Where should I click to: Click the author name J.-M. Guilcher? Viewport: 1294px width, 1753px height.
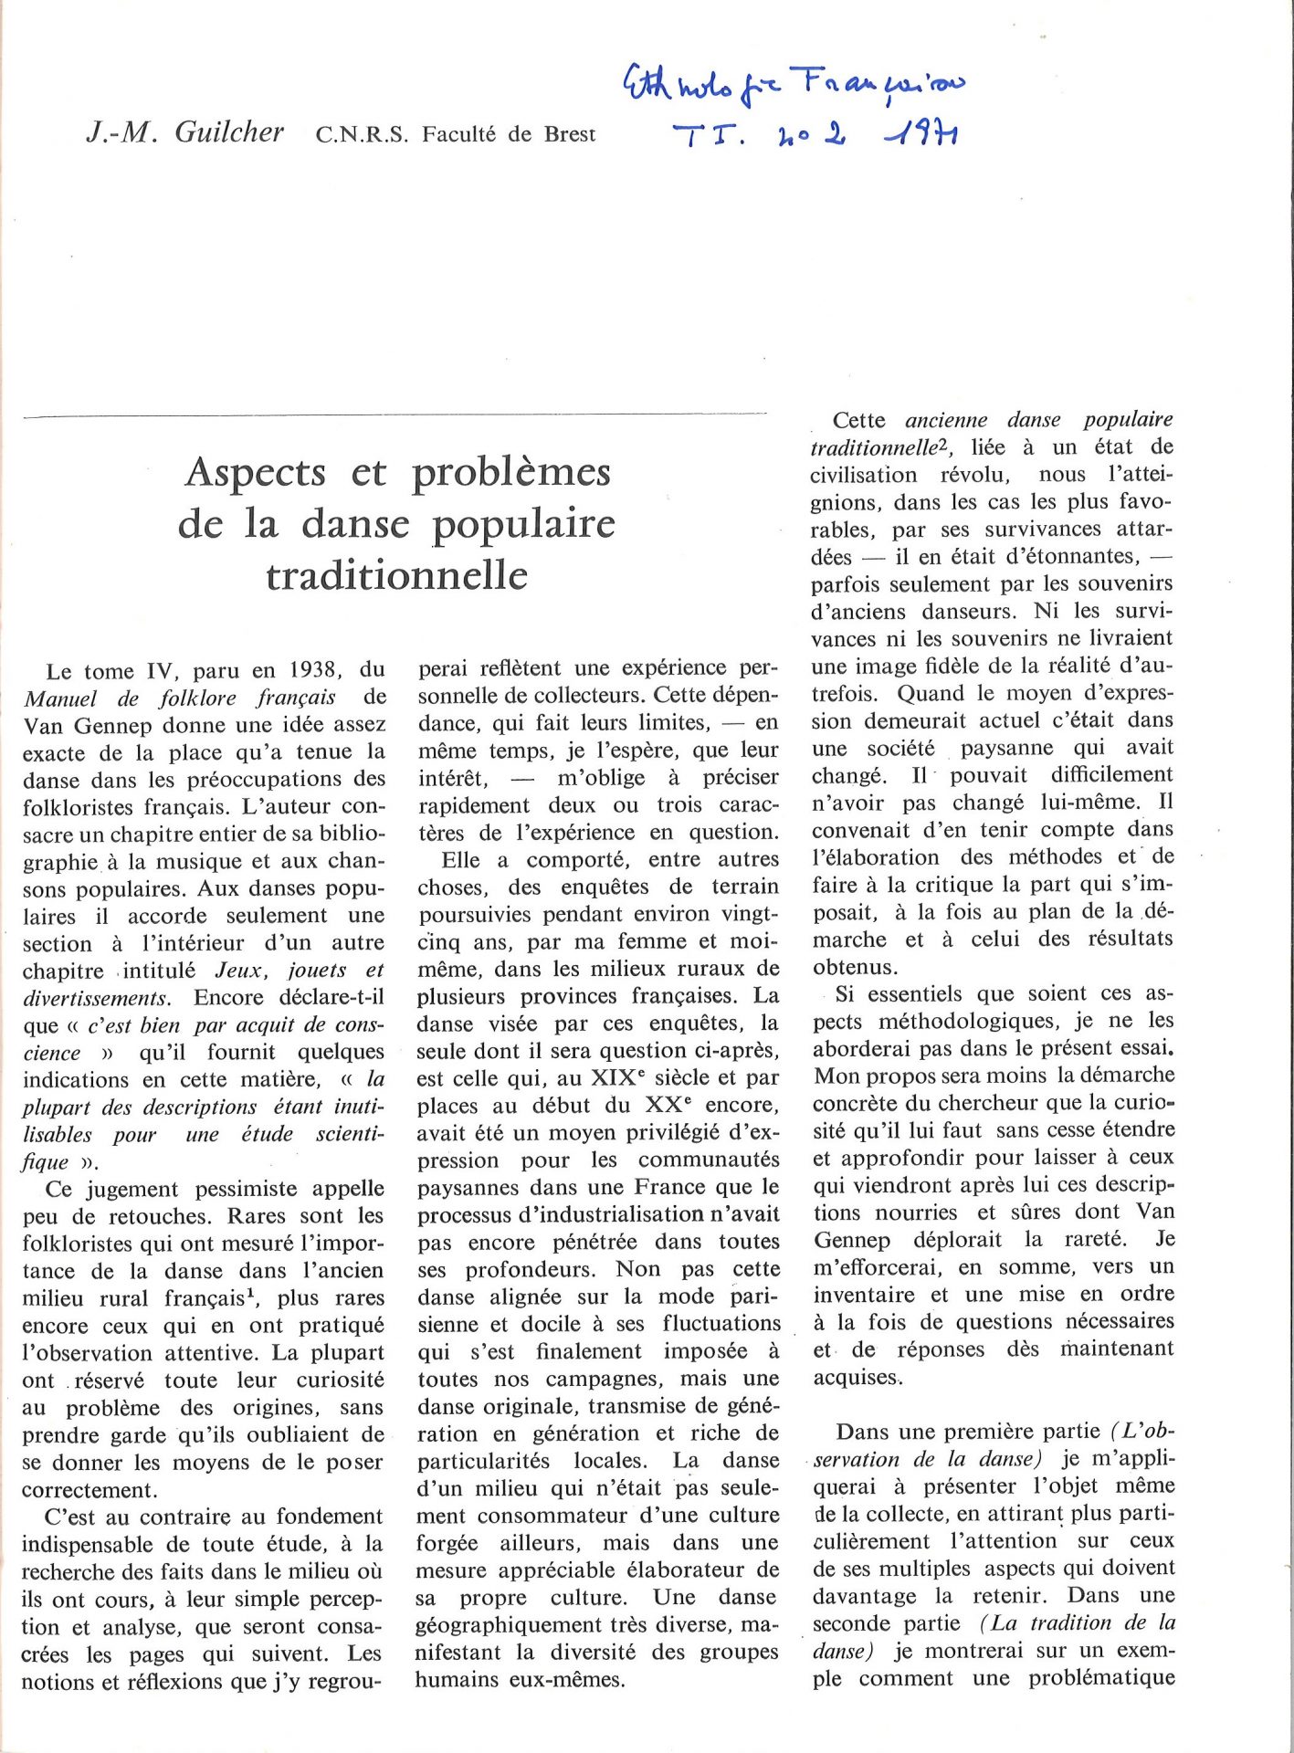(184, 132)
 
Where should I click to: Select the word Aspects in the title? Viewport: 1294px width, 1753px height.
(256, 472)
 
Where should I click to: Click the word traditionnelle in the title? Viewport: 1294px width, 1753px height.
(396, 576)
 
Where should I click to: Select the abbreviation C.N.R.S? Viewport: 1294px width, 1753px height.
(362, 135)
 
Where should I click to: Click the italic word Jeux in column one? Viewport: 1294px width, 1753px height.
(238, 971)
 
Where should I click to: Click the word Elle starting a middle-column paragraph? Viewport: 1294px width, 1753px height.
(461, 860)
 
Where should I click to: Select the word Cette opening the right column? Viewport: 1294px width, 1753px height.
(858, 420)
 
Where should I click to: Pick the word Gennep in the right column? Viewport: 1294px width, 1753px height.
(850, 1240)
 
